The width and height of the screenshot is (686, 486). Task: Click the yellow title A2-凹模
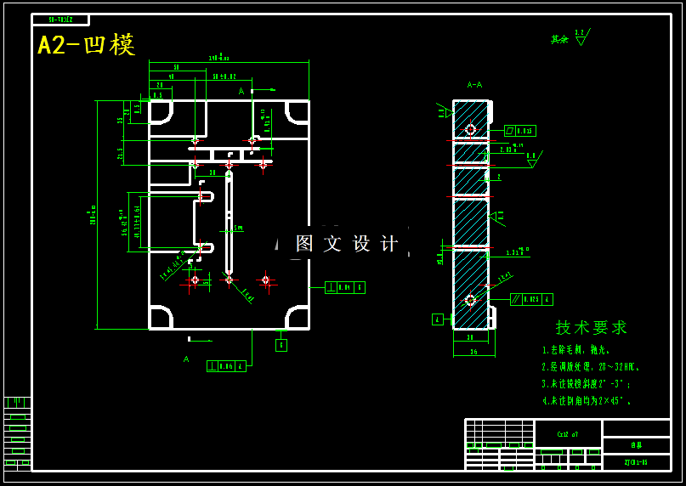tap(86, 45)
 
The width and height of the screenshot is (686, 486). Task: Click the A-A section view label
tap(474, 85)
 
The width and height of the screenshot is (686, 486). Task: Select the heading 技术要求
tap(592, 327)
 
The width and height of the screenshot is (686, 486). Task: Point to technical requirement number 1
tap(576, 350)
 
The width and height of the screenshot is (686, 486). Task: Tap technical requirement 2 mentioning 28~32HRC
tap(591, 367)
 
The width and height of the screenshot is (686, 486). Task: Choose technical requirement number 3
tap(587, 384)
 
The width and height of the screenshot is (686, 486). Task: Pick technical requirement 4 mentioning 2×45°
tap(587, 400)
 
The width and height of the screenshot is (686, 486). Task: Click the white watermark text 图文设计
tap(347, 244)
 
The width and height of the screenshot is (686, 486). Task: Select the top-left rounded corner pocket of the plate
tap(161, 112)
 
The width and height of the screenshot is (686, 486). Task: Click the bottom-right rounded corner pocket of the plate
tap(298, 318)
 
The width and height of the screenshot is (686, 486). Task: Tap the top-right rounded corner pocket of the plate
tap(298, 112)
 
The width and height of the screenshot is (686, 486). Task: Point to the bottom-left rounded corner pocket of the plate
tap(161, 318)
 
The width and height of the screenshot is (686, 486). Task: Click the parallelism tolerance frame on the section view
tap(532, 299)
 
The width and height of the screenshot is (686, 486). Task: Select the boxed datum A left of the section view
tap(437, 319)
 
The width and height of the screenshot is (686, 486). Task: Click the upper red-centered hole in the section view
tap(470, 129)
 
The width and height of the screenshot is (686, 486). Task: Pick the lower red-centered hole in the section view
tap(470, 300)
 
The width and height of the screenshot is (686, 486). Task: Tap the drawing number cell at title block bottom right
tap(636, 463)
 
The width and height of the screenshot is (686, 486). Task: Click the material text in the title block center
tap(567, 434)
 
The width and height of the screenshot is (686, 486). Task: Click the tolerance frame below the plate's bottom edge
tap(226, 366)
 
